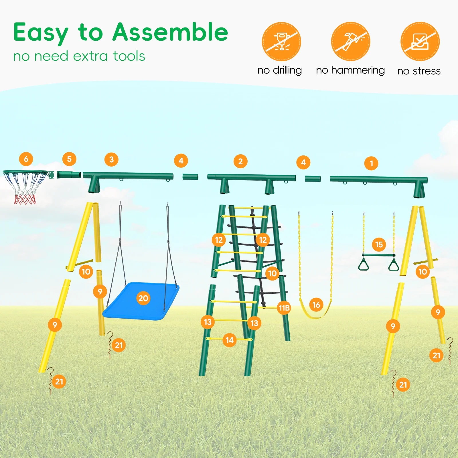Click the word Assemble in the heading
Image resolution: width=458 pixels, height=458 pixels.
click(x=170, y=32)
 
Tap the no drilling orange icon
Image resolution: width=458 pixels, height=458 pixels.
click(x=281, y=42)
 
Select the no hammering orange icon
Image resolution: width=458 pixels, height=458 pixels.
click(x=351, y=42)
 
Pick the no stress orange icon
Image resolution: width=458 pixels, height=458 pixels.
click(x=420, y=42)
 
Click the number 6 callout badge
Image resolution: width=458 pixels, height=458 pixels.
click(x=26, y=159)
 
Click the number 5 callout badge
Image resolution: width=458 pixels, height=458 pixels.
click(x=69, y=159)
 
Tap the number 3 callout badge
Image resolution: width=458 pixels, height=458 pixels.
click(x=112, y=159)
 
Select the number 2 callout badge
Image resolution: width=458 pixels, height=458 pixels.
click(x=240, y=161)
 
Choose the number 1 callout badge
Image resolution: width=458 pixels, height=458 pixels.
click(x=371, y=163)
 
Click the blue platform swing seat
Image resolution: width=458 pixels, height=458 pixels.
click(x=141, y=301)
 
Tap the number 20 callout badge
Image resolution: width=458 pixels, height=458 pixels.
click(x=143, y=298)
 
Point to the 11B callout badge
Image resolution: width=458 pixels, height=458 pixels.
click(x=284, y=308)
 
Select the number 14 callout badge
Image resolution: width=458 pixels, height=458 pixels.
click(x=230, y=340)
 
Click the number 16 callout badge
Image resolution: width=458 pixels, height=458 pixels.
click(x=316, y=305)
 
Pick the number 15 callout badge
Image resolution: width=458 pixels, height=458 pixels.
click(x=379, y=244)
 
